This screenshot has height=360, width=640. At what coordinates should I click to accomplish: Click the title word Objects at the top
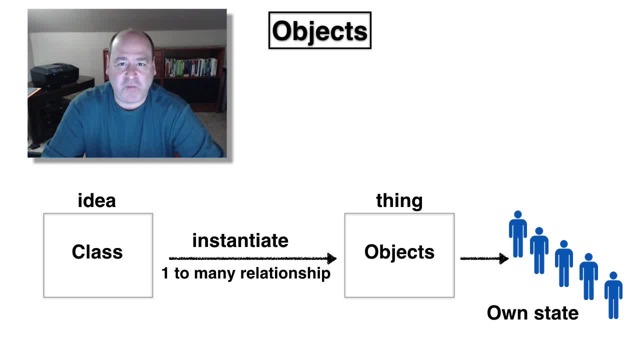(319, 31)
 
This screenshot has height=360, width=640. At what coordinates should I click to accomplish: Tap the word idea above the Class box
(97, 200)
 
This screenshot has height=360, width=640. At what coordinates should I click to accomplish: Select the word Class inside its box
(97, 251)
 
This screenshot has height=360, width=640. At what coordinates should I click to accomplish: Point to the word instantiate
(240, 240)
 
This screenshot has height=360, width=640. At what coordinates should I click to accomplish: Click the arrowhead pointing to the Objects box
(331, 258)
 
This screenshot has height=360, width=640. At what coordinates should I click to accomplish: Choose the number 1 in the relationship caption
(165, 273)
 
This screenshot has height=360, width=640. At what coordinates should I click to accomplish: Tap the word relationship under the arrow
(285, 273)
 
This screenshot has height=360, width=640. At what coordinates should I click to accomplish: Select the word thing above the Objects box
(399, 201)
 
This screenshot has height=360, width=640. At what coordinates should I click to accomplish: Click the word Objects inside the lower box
(399, 252)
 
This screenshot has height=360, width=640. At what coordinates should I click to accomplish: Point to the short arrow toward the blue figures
(484, 258)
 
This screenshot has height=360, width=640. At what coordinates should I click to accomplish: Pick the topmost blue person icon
(517, 234)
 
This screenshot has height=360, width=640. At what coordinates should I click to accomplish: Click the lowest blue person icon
(613, 295)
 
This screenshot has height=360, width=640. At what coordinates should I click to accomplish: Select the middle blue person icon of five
(563, 263)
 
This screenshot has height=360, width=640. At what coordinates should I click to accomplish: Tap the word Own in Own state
(507, 313)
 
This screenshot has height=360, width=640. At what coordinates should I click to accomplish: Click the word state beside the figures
(556, 313)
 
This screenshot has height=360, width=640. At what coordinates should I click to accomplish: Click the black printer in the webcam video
(54, 75)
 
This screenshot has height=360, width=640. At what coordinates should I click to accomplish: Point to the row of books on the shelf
(191, 67)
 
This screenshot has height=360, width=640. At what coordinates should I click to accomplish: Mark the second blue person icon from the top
(539, 250)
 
